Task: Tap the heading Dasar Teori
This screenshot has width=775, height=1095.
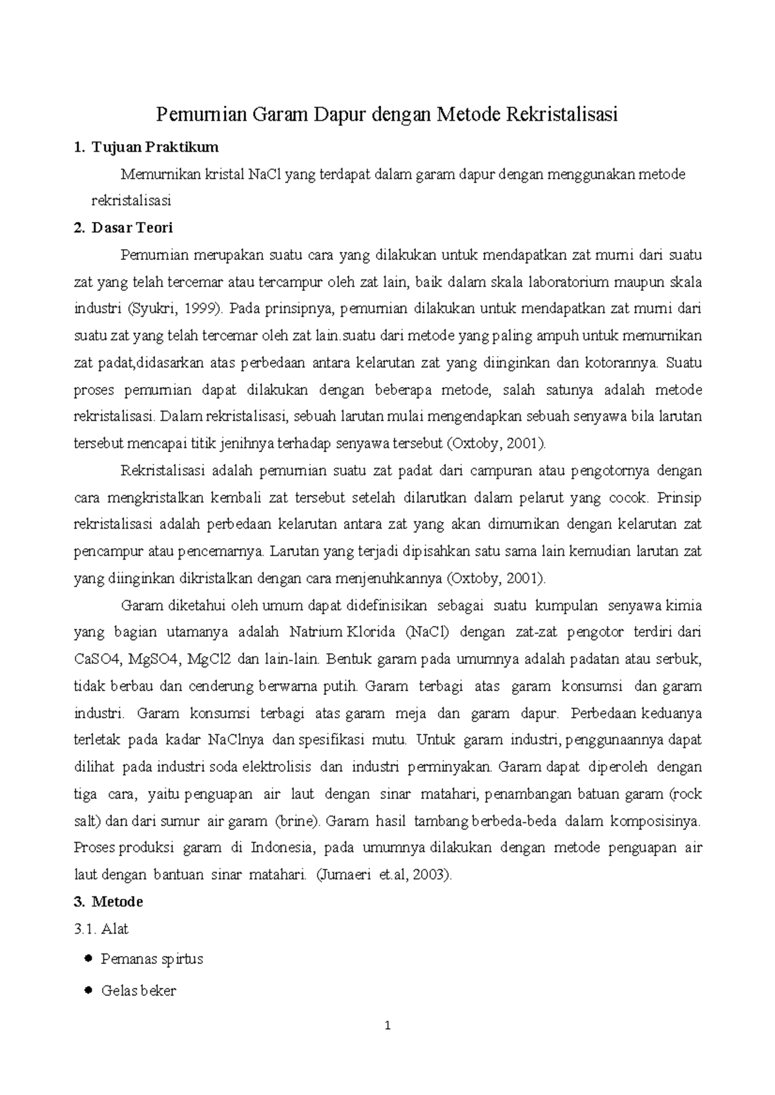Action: click(x=132, y=228)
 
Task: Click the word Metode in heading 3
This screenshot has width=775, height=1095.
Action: click(x=117, y=901)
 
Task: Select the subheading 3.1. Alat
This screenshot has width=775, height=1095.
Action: click(x=101, y=929)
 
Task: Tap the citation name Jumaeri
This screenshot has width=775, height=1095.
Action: click(x=346, y=875)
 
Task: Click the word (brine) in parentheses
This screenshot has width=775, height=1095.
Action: click(x=297, y=821)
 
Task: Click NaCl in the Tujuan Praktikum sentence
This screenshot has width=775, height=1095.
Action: click(x=265, y=174)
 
